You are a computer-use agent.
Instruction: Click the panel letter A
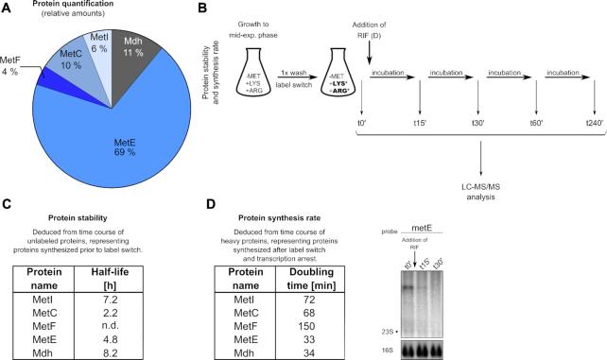(x=9, y=9)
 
